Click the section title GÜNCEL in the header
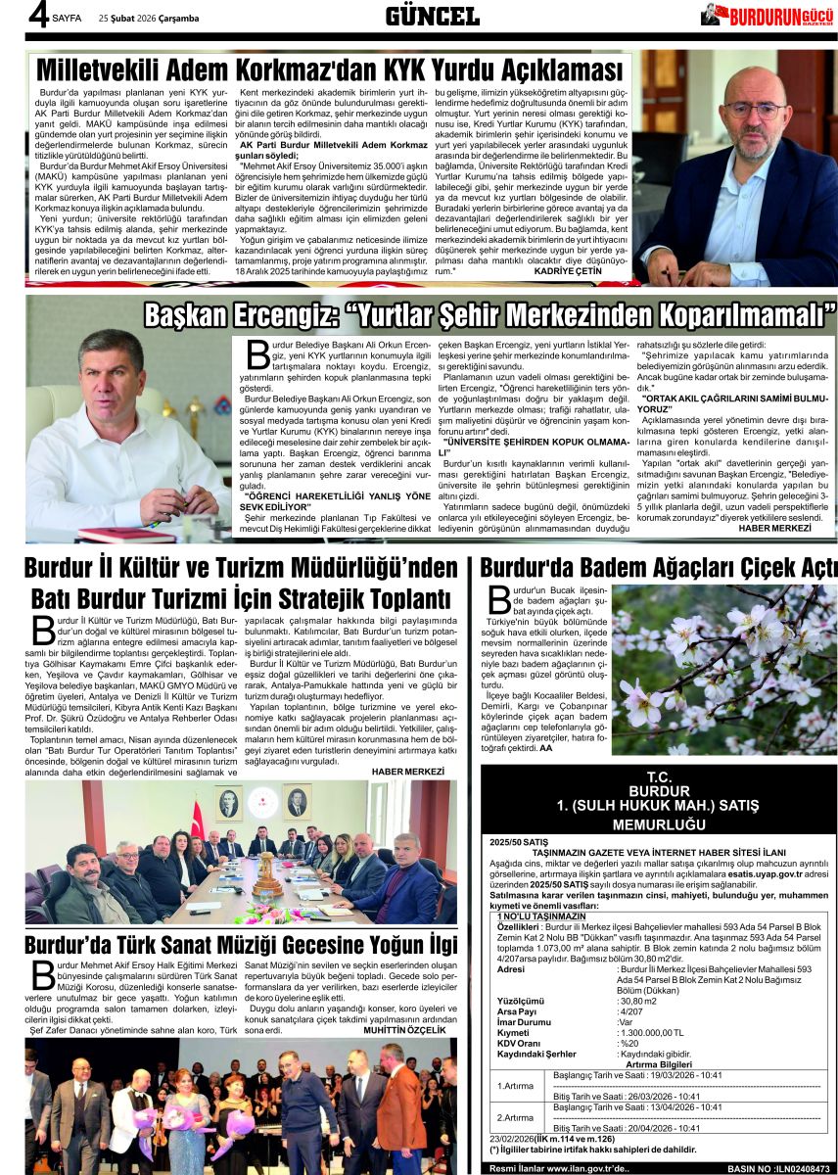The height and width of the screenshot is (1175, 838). coord(431,16)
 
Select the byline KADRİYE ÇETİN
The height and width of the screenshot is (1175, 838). coord(568,271)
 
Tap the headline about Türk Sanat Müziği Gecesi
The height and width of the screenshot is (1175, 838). coord(241,945)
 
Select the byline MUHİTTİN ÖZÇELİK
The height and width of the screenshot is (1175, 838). coord(403,1031)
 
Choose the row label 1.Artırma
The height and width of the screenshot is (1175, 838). coord(515,1086)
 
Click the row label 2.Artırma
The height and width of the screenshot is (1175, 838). coord(515,1117)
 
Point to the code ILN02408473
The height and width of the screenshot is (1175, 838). coord(795,1168)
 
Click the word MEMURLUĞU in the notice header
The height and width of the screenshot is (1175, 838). coord(659,824)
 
